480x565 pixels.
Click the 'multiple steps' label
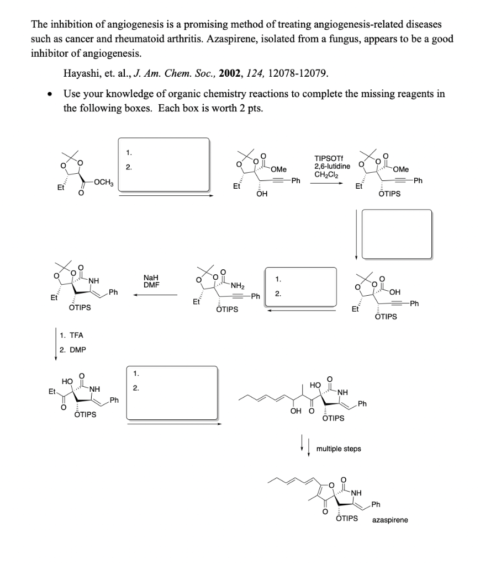coord(339,449)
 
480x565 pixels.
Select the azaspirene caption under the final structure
coord(390,520)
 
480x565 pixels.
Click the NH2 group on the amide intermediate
coord(238,286)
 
